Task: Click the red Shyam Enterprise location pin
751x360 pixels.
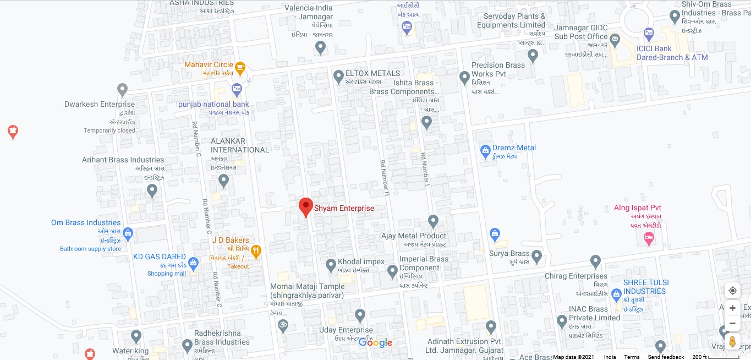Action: coord(306,207)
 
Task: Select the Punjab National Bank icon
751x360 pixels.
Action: coord(237,88)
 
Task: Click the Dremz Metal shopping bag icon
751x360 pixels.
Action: coord(485,150)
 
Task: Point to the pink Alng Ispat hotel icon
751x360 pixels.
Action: coord(649,238)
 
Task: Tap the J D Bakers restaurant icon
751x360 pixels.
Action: coord(256,252)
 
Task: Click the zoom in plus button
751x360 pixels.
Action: coord(732,308)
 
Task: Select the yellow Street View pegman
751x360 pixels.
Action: coord(732,341)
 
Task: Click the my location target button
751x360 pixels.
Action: coord(732,291)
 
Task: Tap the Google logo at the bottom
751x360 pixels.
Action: coord(375,343)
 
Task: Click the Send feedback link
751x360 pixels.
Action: coord(666,357)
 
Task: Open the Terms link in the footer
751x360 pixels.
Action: coord(632,357)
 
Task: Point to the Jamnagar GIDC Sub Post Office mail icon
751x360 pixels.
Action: coord(615,40)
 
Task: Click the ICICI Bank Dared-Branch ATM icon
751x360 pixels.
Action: coord(649,34)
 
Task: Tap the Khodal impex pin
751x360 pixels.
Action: coord(331,265)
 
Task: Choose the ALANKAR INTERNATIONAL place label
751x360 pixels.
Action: coord(240,145)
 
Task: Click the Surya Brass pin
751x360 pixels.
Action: coord(536,256)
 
